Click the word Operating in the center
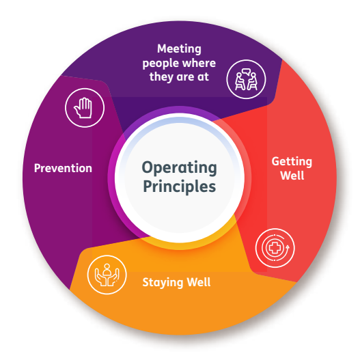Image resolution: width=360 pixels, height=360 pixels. point(179,168)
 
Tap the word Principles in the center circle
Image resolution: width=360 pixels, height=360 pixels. point(179,186)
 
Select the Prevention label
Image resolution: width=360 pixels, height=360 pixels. point(63,168)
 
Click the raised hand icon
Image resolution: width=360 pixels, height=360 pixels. point(83,108)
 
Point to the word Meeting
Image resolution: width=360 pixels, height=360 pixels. point(179,49)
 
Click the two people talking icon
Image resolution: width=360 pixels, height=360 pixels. point(246,79)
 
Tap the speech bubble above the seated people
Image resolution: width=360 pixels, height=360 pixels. point(246,72)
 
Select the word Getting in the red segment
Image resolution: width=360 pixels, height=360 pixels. point(292,162)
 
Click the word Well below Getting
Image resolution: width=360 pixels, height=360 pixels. point(292,176)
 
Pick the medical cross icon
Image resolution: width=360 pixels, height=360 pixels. point(275,248)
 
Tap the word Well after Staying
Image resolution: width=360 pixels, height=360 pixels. point(199,282)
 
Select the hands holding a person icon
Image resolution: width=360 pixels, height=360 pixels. point(107,275)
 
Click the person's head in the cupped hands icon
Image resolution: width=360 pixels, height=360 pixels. point(107,266)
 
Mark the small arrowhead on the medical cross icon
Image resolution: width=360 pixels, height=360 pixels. point(287,247)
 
